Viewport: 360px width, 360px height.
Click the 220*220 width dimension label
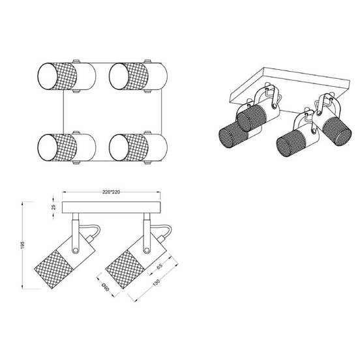tap(112, 192)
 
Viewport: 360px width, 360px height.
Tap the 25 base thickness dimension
tap(53, 207)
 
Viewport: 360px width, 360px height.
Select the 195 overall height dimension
tap(23, 245)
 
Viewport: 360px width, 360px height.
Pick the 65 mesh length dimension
tap(159, 265)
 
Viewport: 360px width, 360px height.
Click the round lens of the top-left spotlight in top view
tap(48, 76)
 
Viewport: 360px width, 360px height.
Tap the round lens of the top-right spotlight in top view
tap(119, 76)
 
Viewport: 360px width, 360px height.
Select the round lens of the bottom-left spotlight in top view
tap(48, 147)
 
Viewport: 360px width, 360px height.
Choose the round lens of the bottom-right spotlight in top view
tap(119, 147)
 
